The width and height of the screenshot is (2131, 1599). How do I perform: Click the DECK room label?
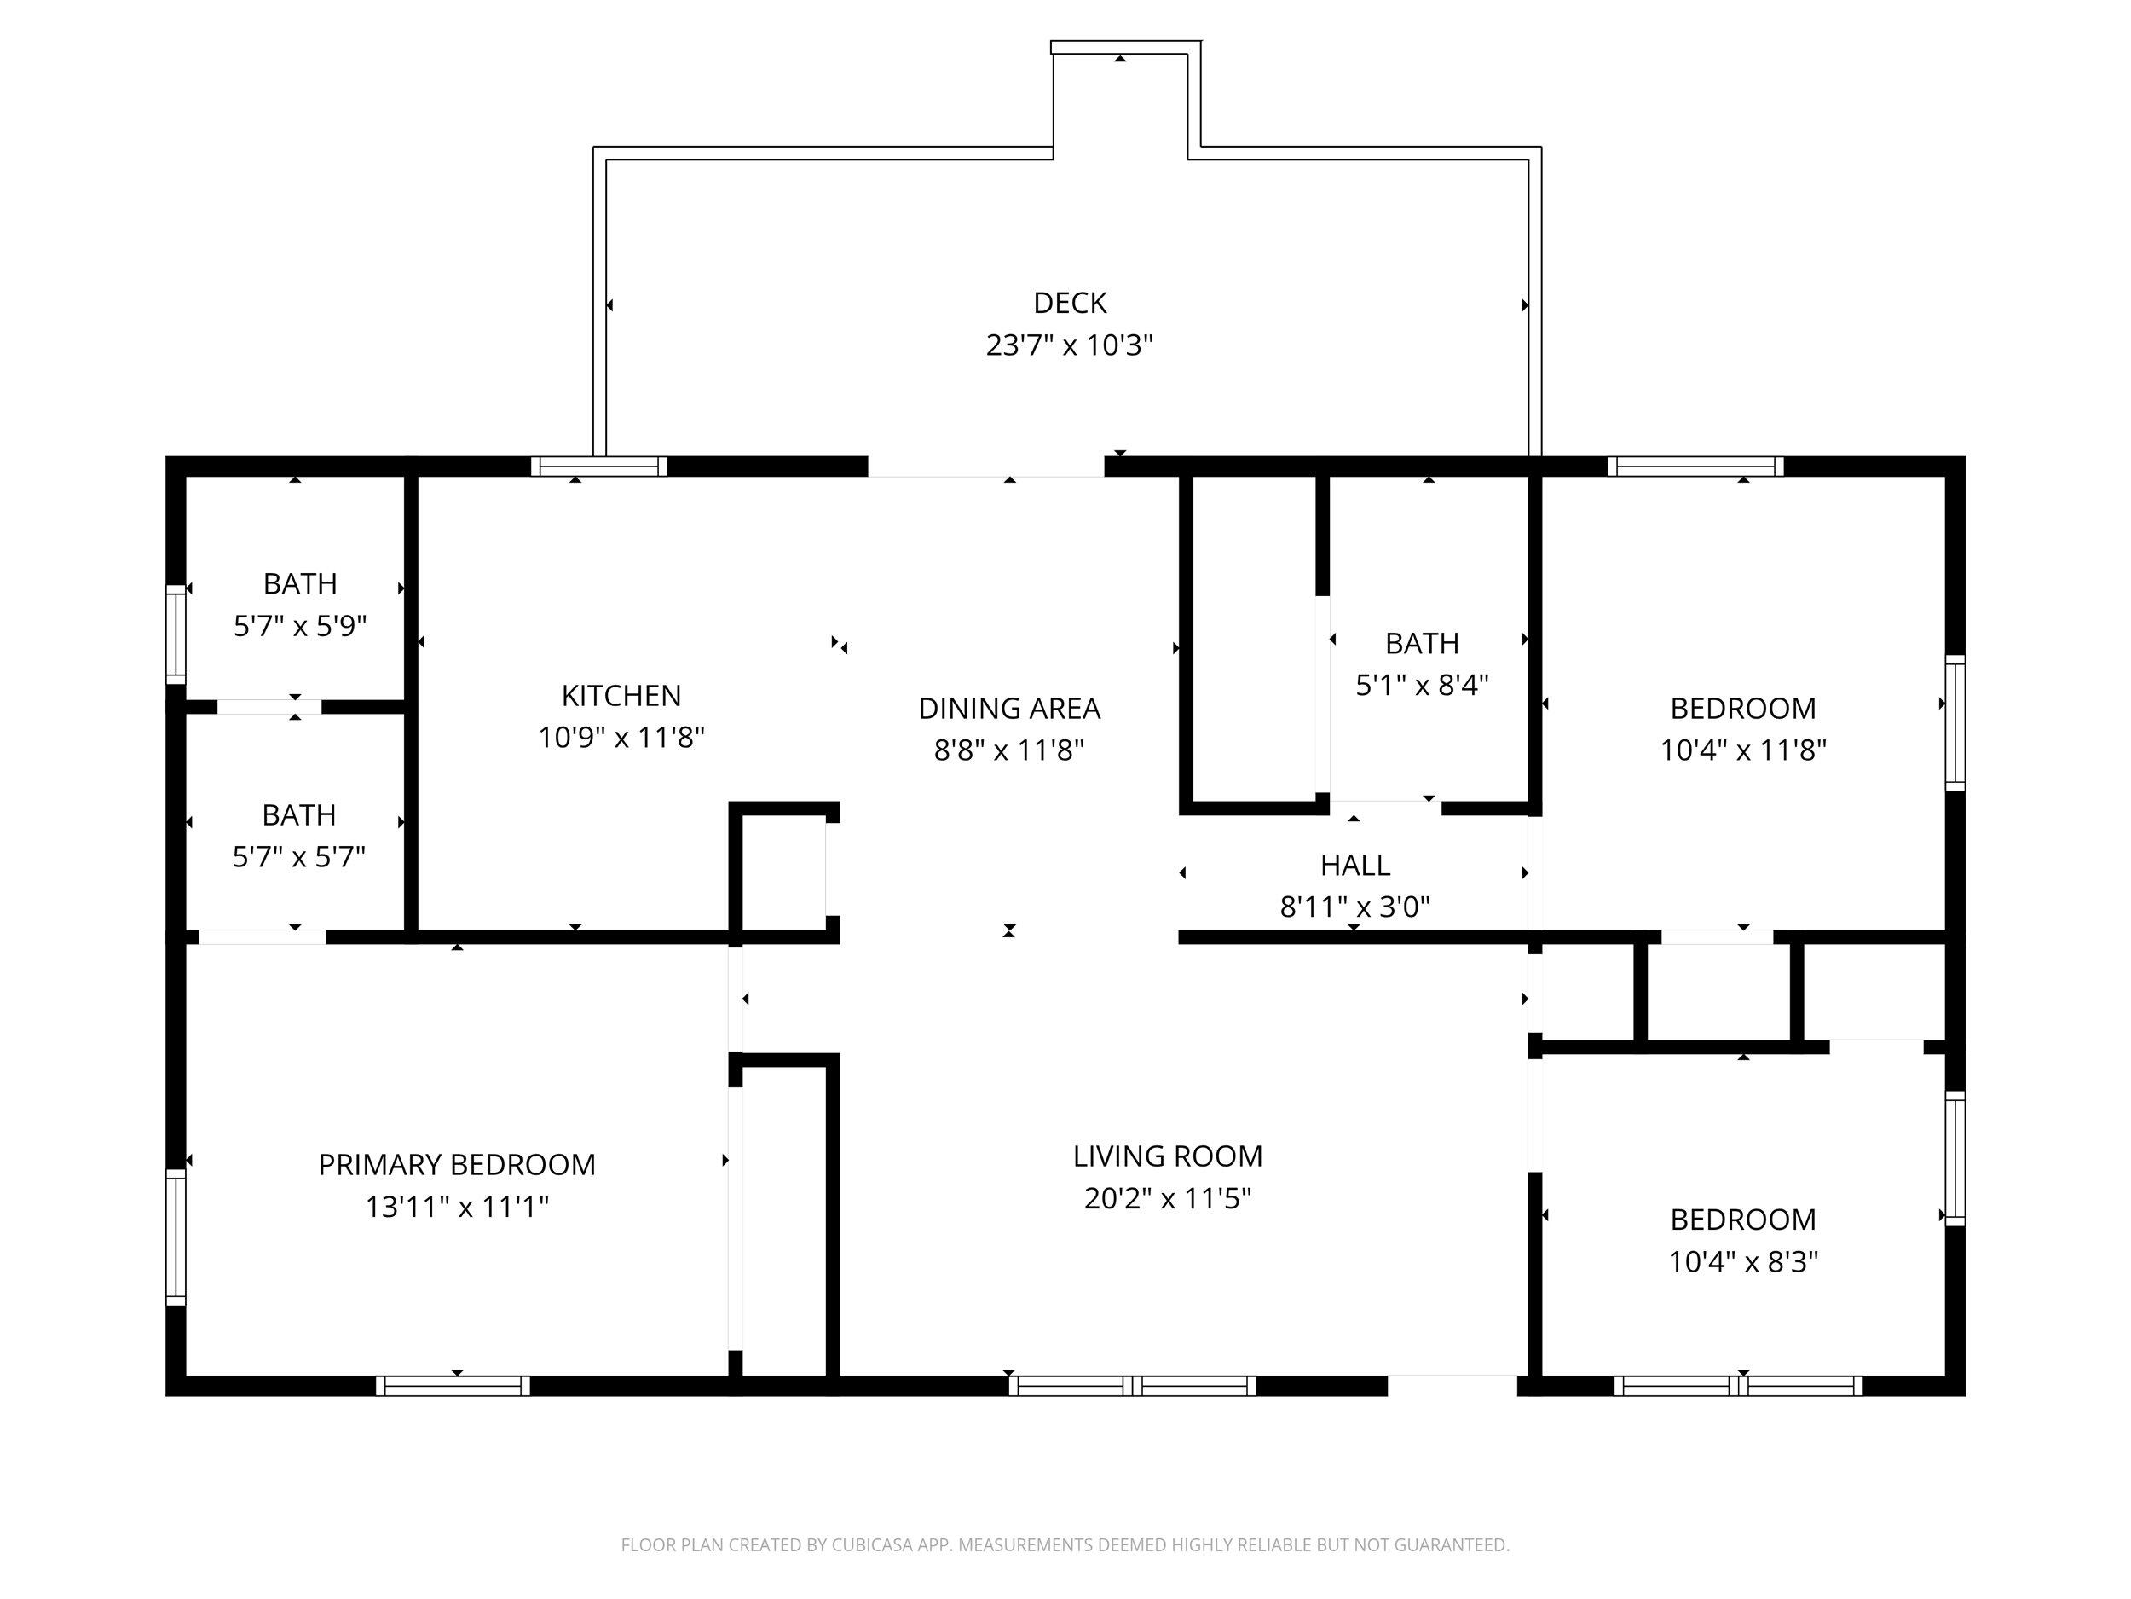click(x=1070, y=303)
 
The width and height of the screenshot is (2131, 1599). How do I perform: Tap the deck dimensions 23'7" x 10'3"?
click(x=1070, y=345)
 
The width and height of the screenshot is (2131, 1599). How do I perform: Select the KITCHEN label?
click(x=621, y=695)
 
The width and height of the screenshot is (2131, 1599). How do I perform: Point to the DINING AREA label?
click(x=1008, y=709)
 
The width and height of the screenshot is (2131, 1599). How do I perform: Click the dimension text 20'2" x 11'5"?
click(x=1168, y=1198)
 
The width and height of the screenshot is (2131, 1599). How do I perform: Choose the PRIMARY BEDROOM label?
click(x=457, y=1164)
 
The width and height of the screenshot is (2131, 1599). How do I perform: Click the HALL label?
click(x=1354, y=865)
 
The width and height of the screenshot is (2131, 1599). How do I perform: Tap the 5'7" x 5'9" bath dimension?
click(x=299, y=627)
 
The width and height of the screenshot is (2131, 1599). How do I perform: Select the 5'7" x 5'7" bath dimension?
click(x=298, y=856)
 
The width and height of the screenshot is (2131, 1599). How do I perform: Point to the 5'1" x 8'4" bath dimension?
click(x=1422, y=686)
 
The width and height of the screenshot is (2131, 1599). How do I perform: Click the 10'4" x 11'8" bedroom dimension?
click(x=1743, y=750)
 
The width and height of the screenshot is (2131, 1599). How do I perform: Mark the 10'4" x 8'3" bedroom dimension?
click(x=1743, y=1261)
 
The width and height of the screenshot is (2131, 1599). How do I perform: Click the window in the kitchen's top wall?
click(x=599, y=466)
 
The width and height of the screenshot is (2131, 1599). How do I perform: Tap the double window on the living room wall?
click(x=1132, y=1386)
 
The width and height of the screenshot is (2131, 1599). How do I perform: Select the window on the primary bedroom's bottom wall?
click(x=453, y=1386)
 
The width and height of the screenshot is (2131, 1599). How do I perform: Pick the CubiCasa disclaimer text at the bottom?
click(x=1065, y=1545)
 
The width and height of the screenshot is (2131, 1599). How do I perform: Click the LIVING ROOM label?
click(x=1168, y=1156)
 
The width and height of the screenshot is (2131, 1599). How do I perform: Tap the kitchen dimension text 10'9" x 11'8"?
click(x=621, y=738)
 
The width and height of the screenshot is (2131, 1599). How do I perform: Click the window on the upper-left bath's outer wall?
click(x=176, y=634)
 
